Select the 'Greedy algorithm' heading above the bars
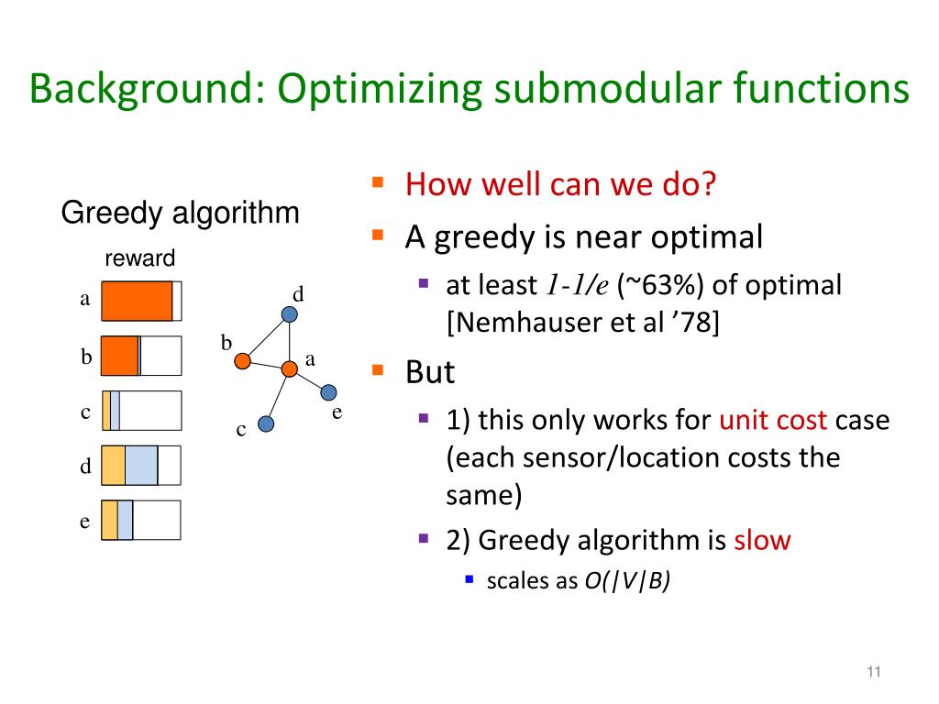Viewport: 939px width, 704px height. [x=180, y=214]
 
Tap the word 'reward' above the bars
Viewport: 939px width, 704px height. [x=139, y=258]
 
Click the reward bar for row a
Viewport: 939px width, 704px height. [x=141, y=301]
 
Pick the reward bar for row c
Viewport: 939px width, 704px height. [x=141, y=411]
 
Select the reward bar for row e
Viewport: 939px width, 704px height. [x=141, y=520]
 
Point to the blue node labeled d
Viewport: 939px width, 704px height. [x=290, y=314]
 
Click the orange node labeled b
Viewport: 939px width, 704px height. [x=242, y=361]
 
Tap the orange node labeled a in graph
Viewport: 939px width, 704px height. [x=289, y=368]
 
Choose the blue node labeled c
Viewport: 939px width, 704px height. [x=266, y=424]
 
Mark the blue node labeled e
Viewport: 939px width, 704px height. [x=328, y=392]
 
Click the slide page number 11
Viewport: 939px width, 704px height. [x=872, y=674]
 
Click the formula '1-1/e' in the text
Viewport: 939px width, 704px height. [x=578, y=286]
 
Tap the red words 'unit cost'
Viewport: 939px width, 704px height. [x=773, y=421]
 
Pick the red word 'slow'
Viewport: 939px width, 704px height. [x=761, y=540]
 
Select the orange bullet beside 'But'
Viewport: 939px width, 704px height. [x=376, y=370]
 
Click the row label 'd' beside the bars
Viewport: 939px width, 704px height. [x=85, y=467]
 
